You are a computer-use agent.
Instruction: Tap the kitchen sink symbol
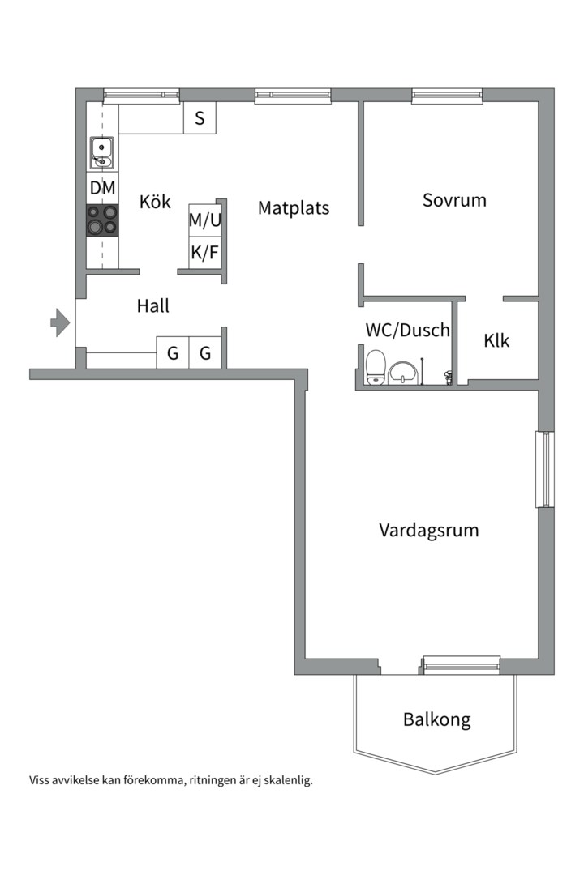(x=101, y=152)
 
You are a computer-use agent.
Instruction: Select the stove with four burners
(x=102, y=220)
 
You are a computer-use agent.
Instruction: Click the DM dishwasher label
(x=102, y=188)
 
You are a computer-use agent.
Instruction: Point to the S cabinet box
(x=200, y=118)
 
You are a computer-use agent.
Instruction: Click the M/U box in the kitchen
(x=204, y=219)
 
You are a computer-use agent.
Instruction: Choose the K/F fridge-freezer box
(x=204, y=252)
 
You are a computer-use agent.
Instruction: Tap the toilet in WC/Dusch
(x=376, y=367)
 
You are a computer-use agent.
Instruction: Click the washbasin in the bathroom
(x=403, y=373)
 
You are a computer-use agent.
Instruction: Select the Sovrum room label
(x=454, y=200)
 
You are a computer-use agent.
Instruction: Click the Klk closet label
(x=496, y=341)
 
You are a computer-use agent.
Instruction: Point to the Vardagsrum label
(x=429, y=531)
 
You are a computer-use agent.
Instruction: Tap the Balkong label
(x=436, y=719)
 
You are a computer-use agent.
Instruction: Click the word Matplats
(x=294, y=208)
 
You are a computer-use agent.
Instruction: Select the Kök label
(x=155, y=202)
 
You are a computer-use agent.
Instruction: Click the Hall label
(x=153, y=306)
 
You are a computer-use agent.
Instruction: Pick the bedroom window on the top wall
(x=447, y=96)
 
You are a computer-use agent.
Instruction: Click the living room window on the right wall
(x=545, y=470)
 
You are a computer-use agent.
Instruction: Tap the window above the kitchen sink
(x=141, y=95)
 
